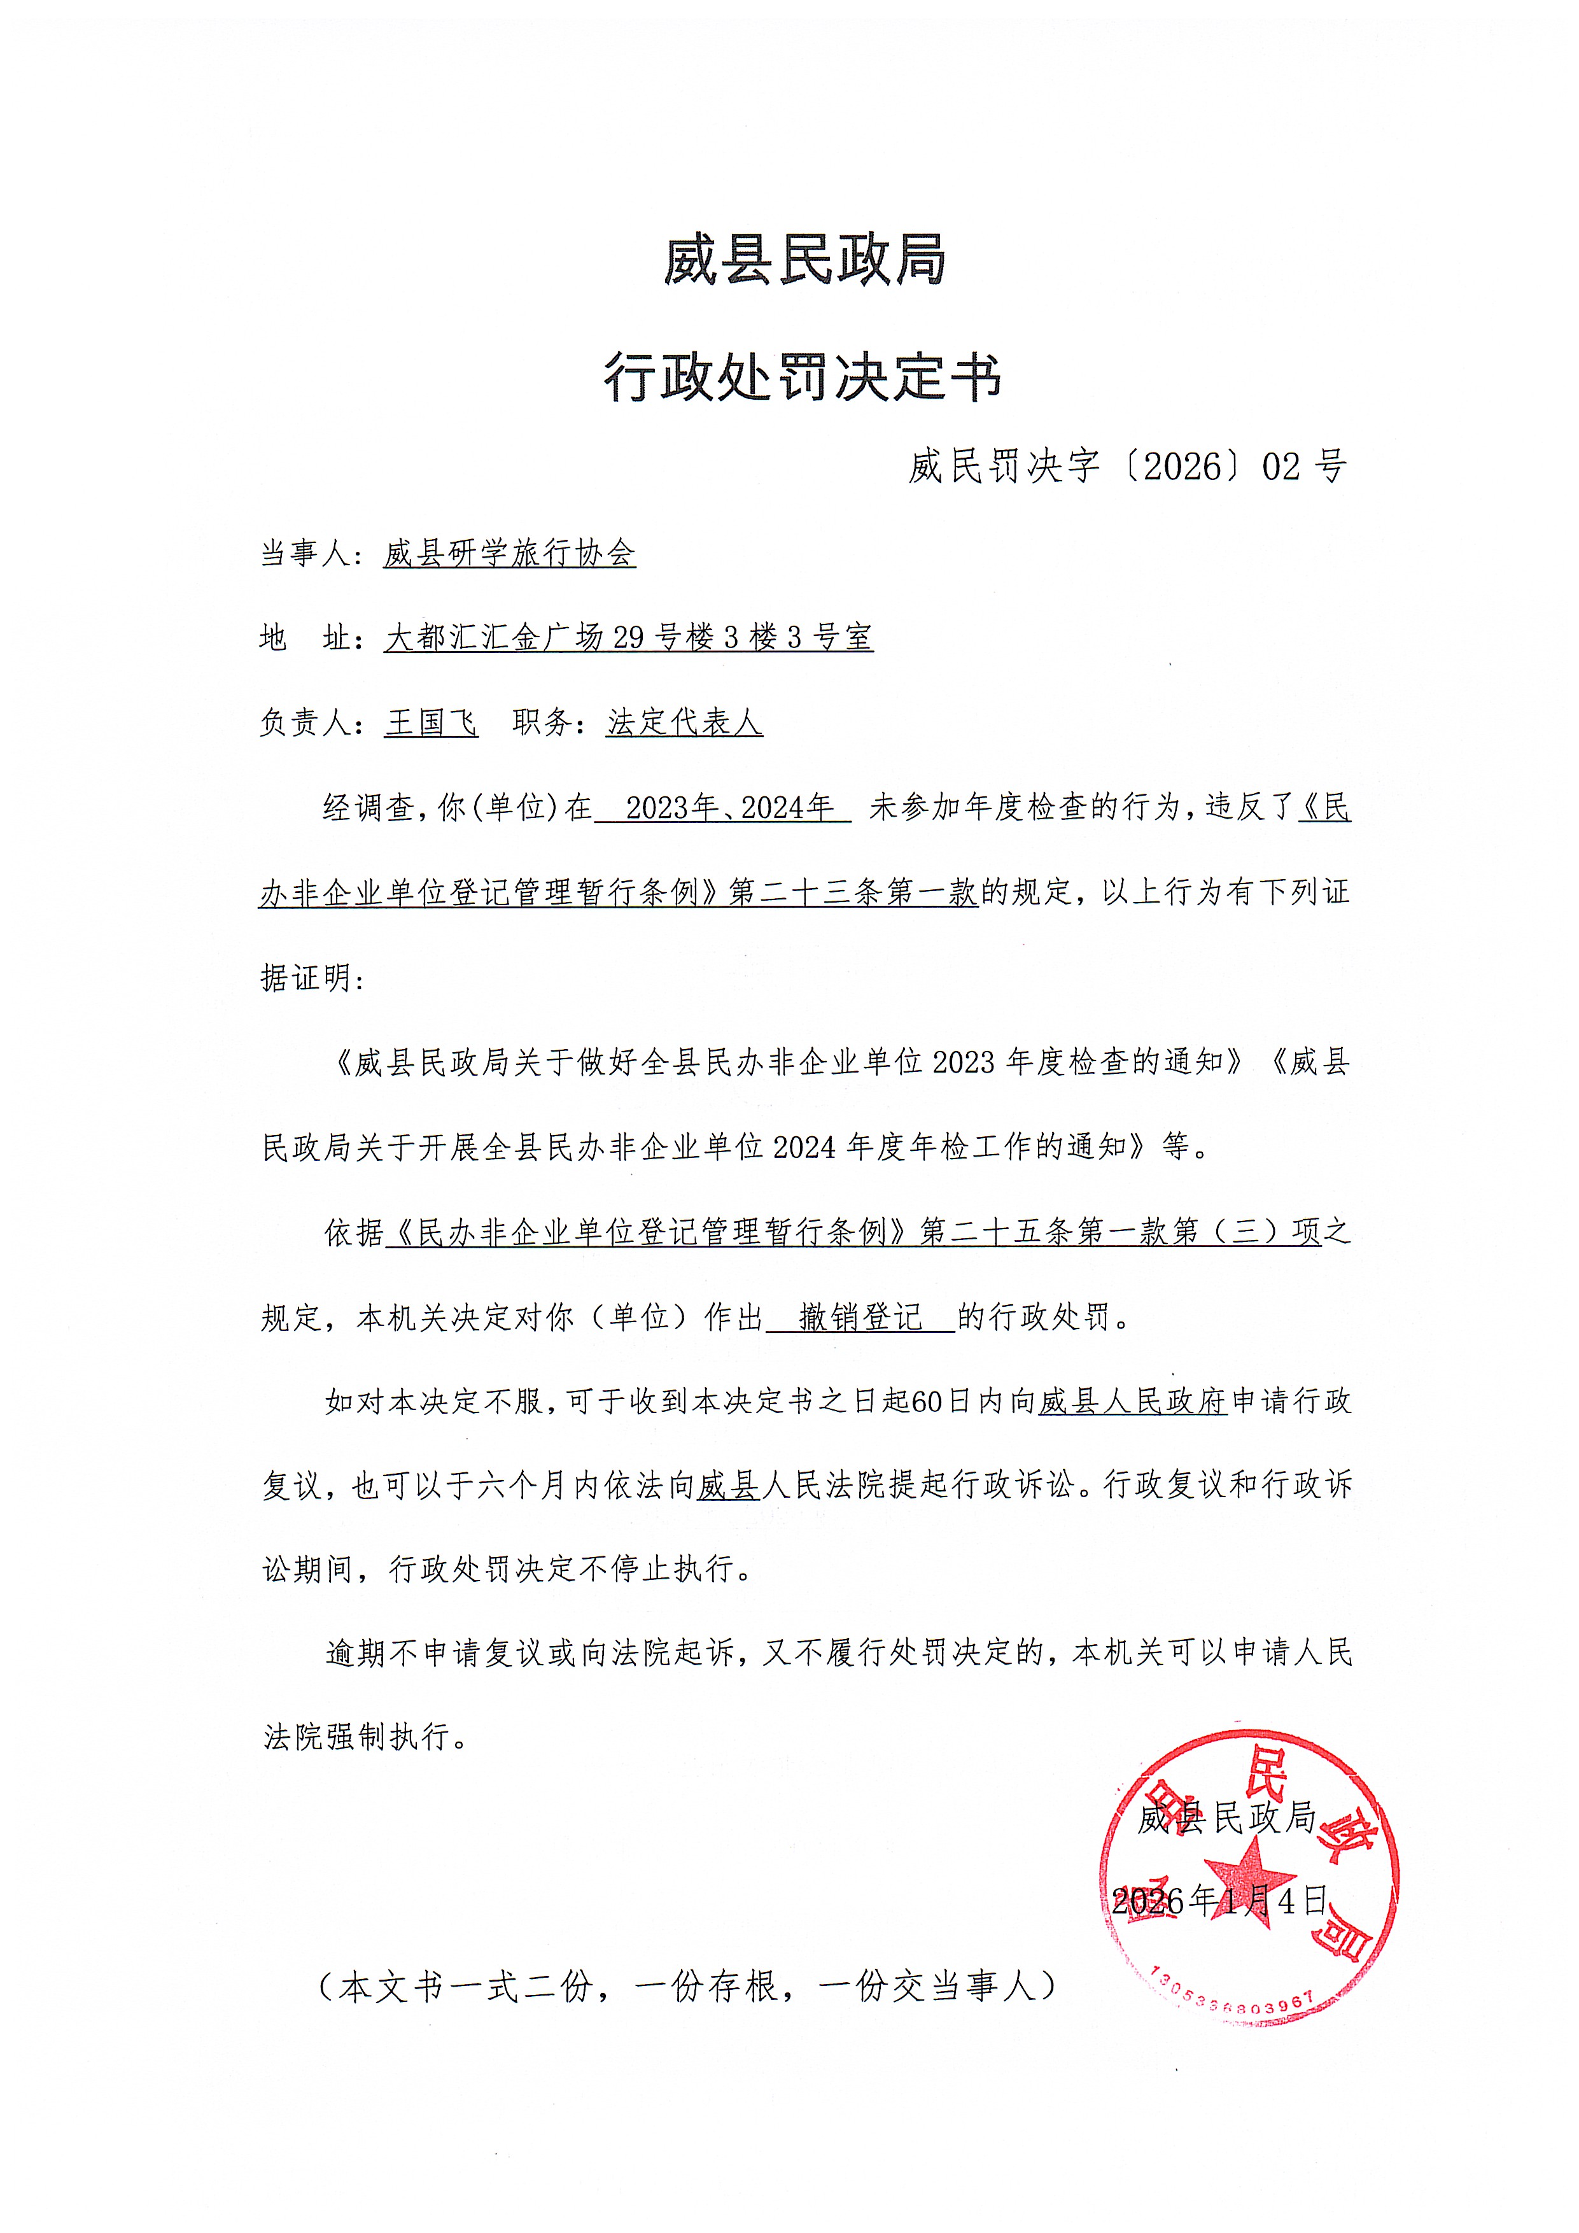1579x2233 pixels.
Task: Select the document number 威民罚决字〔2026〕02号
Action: [1127, 467]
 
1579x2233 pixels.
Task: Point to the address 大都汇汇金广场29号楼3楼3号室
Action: [628, 638]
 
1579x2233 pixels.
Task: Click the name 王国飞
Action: [431, 722]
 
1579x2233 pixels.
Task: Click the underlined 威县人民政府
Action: [1133, 1402]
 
